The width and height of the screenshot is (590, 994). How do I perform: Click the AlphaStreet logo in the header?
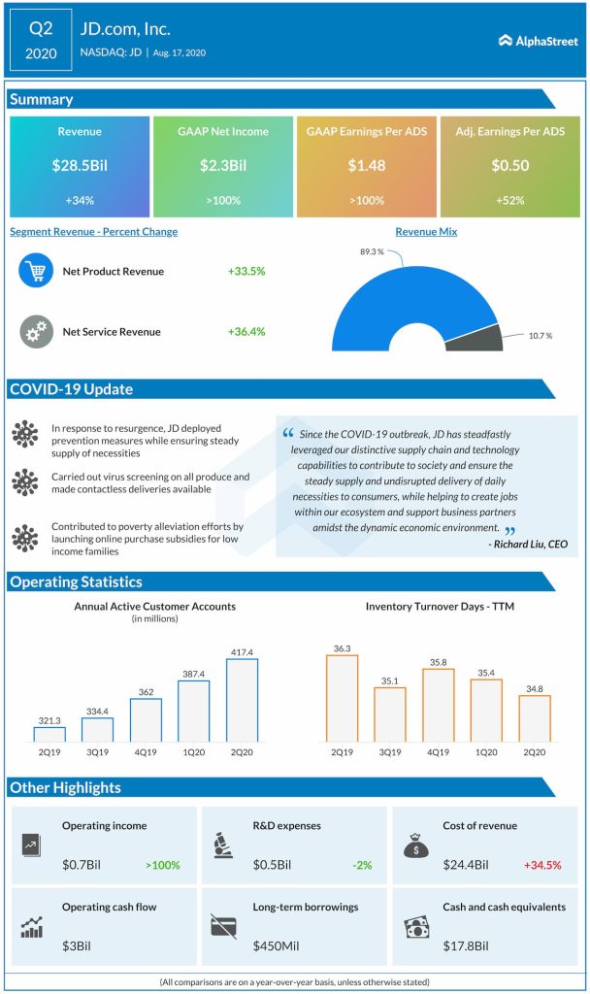pos(537,41)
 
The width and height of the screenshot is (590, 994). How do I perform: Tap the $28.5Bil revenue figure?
pos(80,166)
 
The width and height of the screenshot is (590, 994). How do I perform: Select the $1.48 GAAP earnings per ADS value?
pos(367,166)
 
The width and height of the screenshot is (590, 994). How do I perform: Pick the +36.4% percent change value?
pos(246,332)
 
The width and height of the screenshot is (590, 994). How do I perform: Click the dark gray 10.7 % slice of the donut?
pos(486,338)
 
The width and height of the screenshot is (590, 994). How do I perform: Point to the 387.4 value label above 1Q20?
pos(194,673)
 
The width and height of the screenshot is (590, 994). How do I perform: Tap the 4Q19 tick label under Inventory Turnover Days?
pos(438,752)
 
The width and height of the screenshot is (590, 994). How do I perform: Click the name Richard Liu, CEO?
pos(530,544)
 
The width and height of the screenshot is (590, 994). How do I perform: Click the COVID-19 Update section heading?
pos(72,390)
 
